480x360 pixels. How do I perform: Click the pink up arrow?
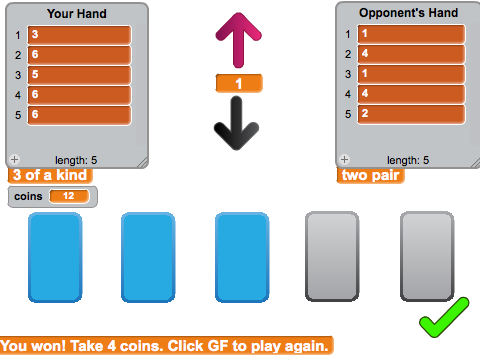pyautogui.click(x=238, y=40)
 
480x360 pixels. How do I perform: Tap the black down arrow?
pyautogui.click(x=236, y=123)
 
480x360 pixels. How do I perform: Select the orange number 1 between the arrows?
pyautogui.click(x=239, y=83)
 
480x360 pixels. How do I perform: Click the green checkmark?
pyautogui.click(x=444, y=317)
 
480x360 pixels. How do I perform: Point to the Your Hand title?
pyautogui.click(x=77, y=14)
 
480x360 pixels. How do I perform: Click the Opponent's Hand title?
pyautogui.click(x=408, y=13)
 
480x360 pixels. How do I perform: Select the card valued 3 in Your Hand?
pyautogui.click(x=79, y=35)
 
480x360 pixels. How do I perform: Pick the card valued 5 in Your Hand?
pyautogui.click(x=79, y=75)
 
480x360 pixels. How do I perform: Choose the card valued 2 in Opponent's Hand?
pyautogui.click(x=411, y=114)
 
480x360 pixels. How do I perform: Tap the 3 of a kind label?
pyautogui.click(x=50, y=175)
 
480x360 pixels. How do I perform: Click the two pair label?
pyautogui.click(x=371, y=175)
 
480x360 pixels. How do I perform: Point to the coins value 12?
pyautogui.click(x=69, y=196)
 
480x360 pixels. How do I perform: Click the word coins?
pyautogui.click(x=28, y=196)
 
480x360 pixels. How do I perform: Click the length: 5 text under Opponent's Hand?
pyautogui.click(x=408, y=160)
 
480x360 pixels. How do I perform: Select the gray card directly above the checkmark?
pyautogui.click(x=427, y=256)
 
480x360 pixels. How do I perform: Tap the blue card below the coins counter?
pyautogui.click(x=55, y=257)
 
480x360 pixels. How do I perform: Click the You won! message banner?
pyautogui.click(x=166, y=346)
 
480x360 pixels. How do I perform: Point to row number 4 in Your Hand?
pyautogui.click(x=18, y=95)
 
